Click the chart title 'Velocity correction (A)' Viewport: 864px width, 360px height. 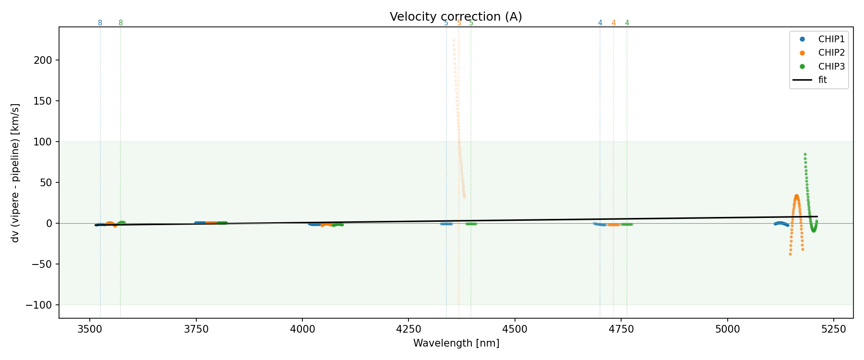pos(456,17)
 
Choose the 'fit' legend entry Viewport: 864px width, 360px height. pos(823,80)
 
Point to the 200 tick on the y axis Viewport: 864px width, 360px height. pos(49,60)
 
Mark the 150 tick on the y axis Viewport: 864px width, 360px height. pos(49,101)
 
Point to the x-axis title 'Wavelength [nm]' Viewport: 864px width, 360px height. pos(456,343)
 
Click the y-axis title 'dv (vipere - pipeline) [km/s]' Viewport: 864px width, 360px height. pos(15,172)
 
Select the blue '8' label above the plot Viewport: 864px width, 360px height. pos(100,23)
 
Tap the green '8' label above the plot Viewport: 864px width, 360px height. pos(120,23)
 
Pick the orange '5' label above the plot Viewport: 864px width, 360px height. pos(459,23)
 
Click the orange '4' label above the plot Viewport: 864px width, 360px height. pos(613,23)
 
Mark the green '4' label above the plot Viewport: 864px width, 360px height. pos(627,23)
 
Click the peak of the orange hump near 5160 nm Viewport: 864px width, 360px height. pos(796,196)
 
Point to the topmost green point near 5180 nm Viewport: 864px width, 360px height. pos(805,155)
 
